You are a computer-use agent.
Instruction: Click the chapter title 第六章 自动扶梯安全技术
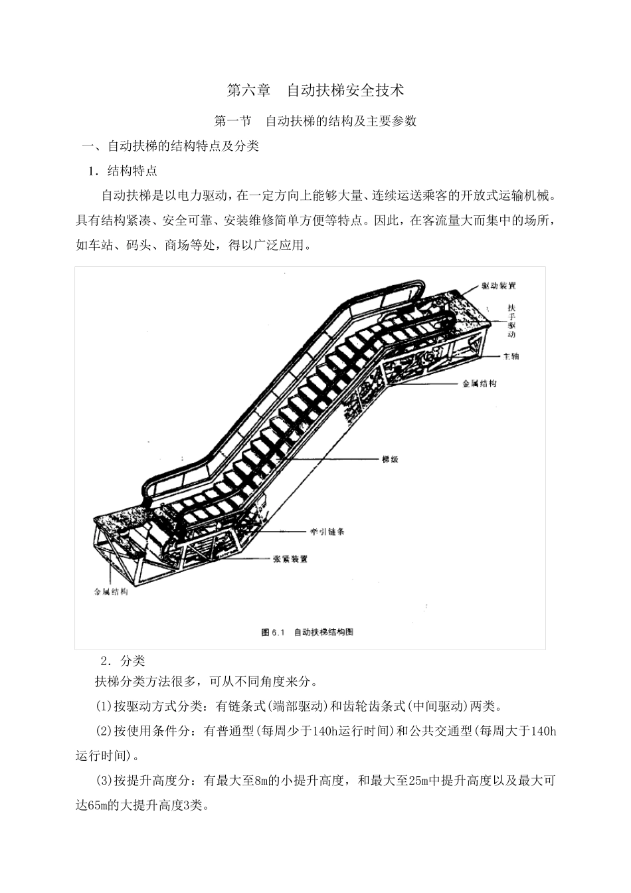315,90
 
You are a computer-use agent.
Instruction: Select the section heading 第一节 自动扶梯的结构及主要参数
315,121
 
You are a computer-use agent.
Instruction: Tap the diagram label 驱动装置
498,286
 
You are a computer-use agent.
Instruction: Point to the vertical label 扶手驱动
511,321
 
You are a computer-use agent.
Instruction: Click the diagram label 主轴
511,356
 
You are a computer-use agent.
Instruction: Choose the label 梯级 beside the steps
390,459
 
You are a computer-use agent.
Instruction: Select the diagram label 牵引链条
327,532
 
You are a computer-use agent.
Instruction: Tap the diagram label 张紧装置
290,559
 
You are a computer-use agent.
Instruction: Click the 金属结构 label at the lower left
111,592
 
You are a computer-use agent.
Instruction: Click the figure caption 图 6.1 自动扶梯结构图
307,632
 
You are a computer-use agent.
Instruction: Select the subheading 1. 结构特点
123,171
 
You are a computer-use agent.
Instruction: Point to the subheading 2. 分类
123,661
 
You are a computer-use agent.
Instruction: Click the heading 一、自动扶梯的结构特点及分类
171,146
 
